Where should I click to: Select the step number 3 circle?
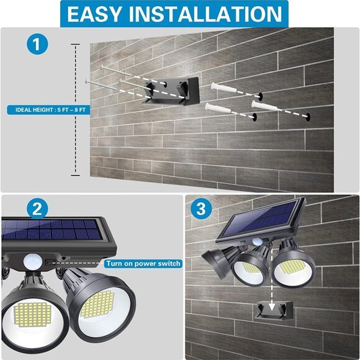point(200,209)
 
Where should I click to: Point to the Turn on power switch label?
point(143,264)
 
